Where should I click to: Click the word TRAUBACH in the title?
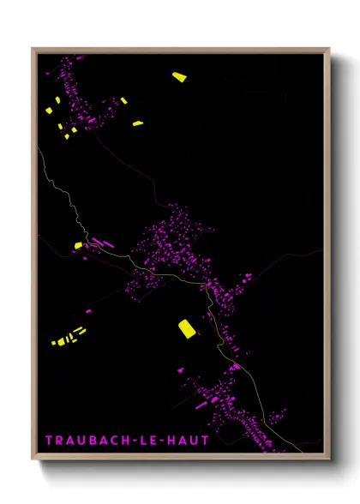pyautogui.click(x=83, y=441)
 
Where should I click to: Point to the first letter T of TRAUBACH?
pyautogui.click(x=48, y=441)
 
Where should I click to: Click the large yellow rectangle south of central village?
pyautogui.click(x=187, y=327)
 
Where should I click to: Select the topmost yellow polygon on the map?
pyautogui.click(x=178, y=77)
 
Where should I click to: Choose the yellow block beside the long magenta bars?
pyautogui.click(x=78, y=245)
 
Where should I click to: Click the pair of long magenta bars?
pyautogui.click(x=102, y=243)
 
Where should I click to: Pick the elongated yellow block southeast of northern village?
pyautogui.click(x=137, y=124)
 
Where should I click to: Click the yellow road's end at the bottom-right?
pyautogui.click(x=302, y=450)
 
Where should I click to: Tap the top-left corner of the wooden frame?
pyautogui.click(x=33, y=49)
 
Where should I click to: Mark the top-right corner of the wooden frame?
pyautogui.click(x=329, y=49)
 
